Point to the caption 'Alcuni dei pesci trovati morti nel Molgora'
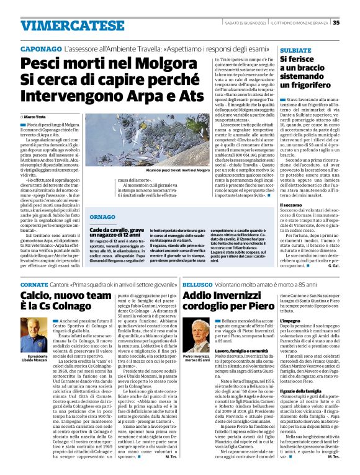[161, 169]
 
